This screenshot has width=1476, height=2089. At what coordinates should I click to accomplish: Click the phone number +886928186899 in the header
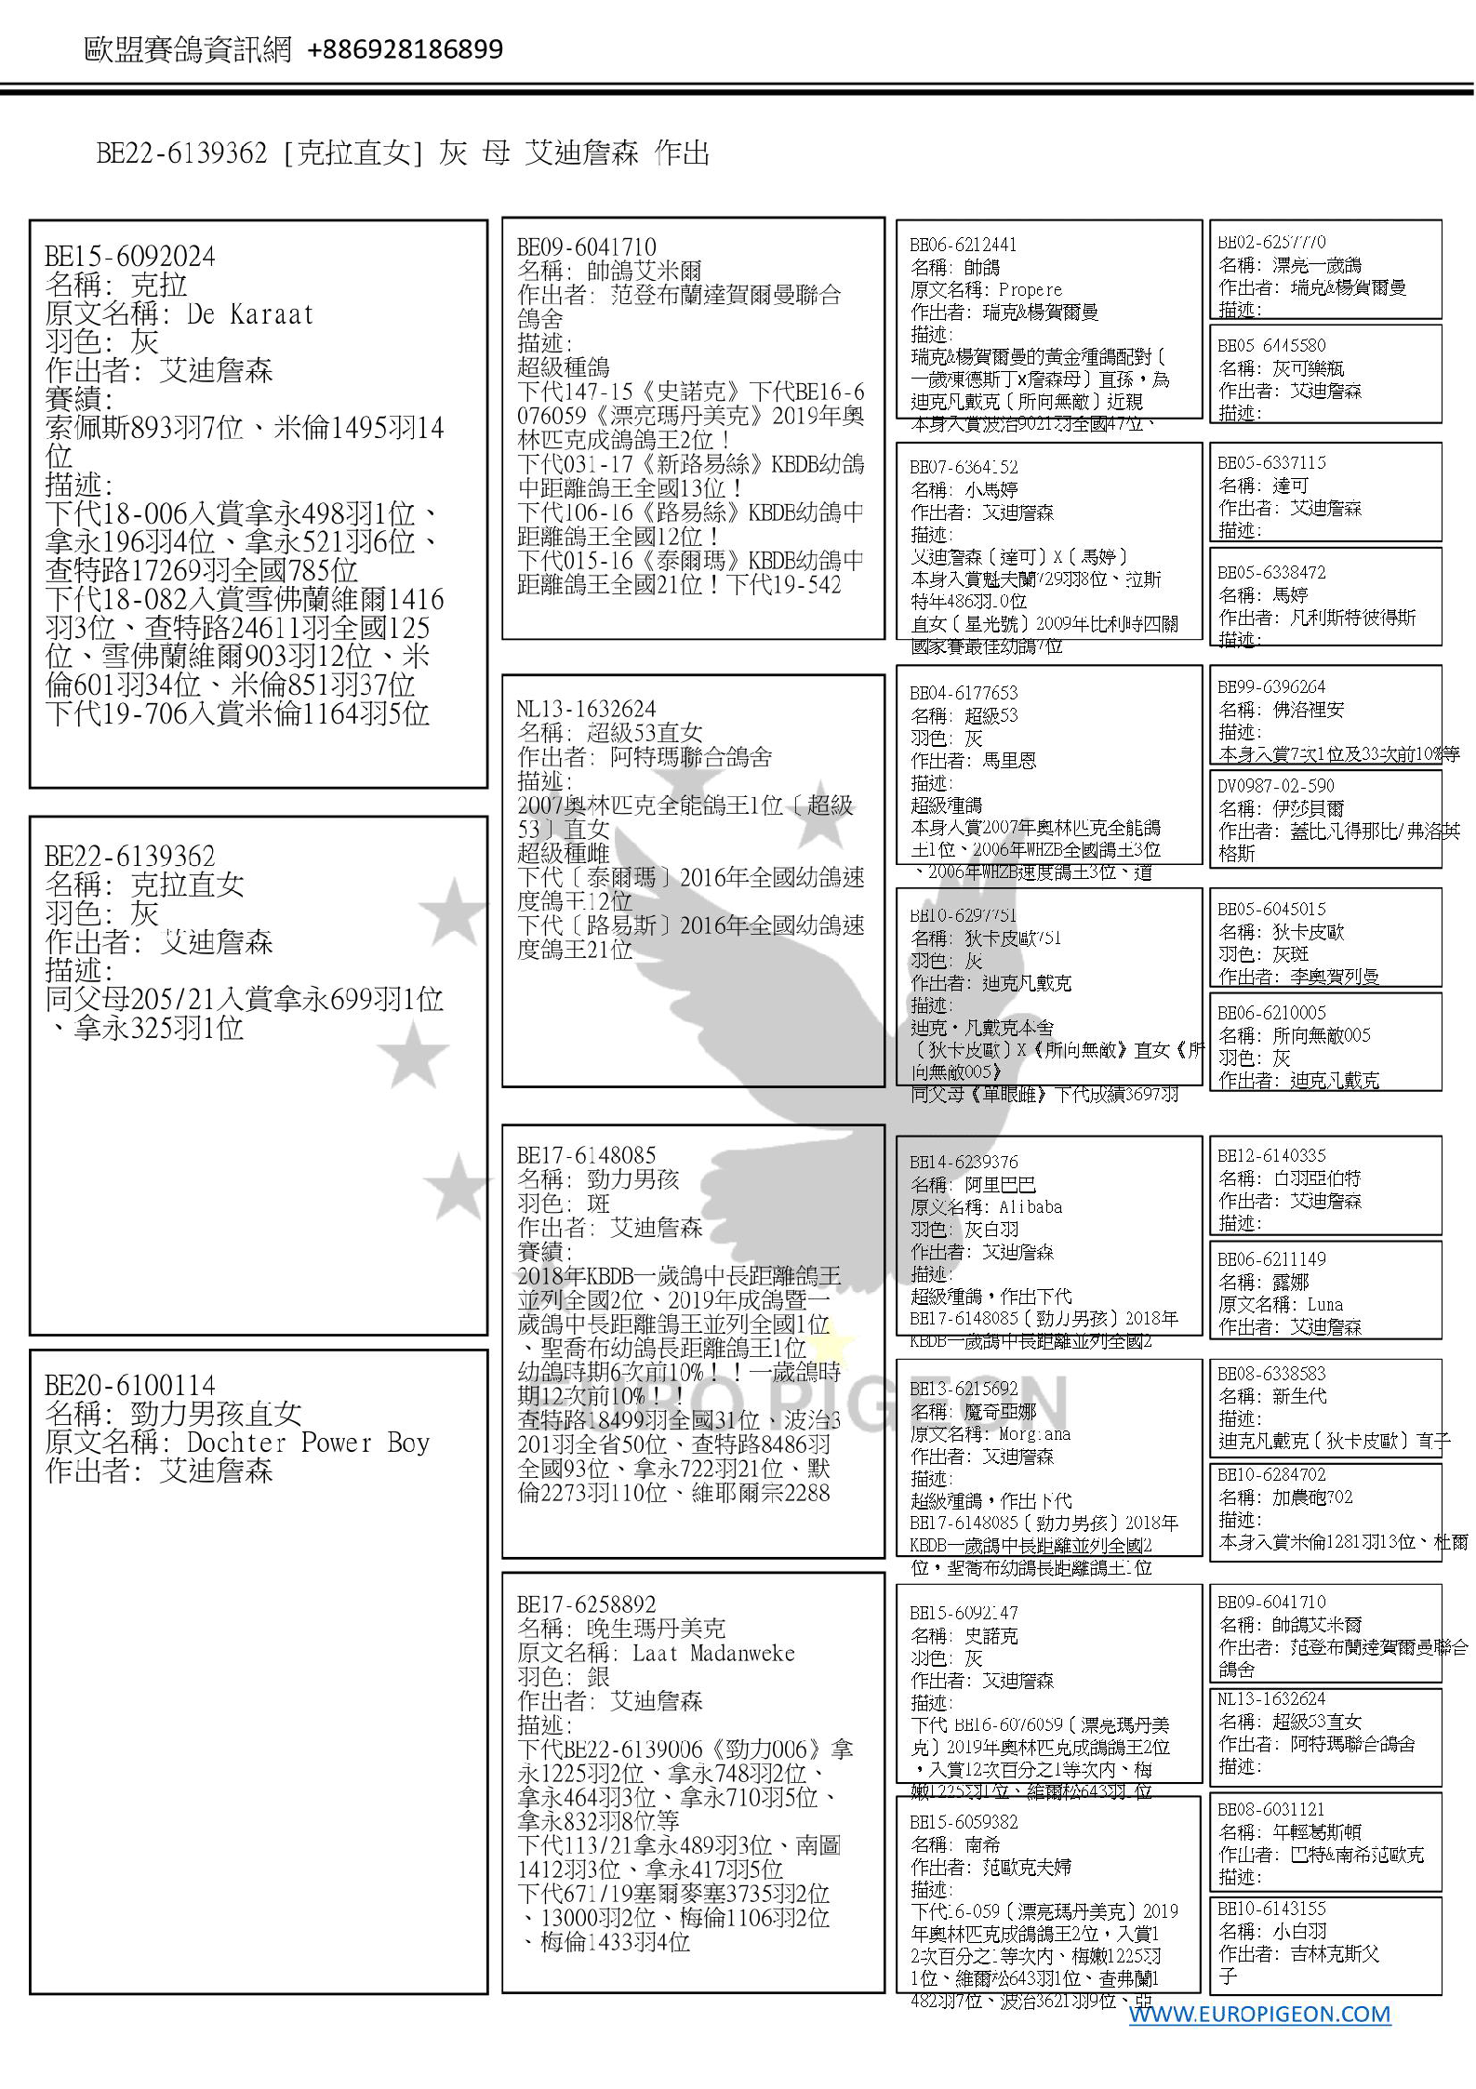click(x=405, y=49)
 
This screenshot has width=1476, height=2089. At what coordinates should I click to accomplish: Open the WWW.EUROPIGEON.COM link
click(x=1259, y=2014)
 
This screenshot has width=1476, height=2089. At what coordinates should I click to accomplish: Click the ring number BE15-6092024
click(x=129, y=257)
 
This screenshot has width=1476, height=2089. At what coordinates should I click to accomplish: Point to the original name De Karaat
click(x=250, y=314)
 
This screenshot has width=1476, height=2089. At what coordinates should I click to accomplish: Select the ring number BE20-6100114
click(x=129, y=1385)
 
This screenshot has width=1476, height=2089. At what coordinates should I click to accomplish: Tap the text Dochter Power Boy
click(x=308, y=1443)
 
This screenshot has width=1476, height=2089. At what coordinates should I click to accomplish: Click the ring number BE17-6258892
click(x=586, y=1604)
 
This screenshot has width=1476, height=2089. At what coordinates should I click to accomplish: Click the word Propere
click(x=1030, y=290)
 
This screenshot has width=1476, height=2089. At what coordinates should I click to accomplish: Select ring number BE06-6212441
click(x=963, y=246)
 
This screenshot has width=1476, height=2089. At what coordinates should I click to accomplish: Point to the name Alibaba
click(x=1031, y=1207)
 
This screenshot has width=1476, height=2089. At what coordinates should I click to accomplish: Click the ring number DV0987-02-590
click(x=1275, y=786)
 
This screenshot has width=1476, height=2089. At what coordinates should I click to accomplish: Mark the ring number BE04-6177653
click(x=963, y=694)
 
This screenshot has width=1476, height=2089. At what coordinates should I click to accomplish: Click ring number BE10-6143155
click(x=1271, y=1909)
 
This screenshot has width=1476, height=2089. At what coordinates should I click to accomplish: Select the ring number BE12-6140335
click(x=1271, y=1156)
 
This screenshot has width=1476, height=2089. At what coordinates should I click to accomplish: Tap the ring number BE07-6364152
click(x=963, y=468)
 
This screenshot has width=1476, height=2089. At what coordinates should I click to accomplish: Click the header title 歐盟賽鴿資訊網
click(x=188, y=49)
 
